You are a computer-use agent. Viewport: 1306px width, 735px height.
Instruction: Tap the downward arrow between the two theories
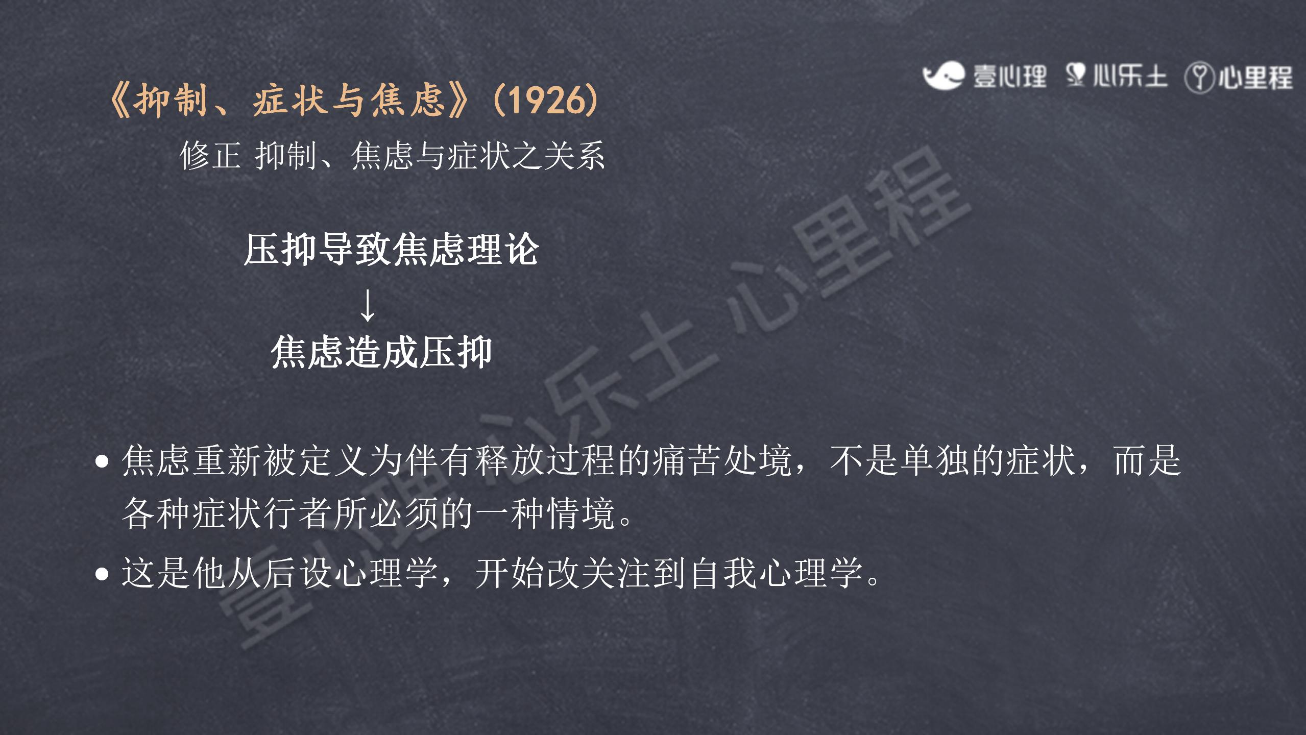[x=368, y=305]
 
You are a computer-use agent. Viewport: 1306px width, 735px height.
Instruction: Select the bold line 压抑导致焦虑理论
[x=392, y=250]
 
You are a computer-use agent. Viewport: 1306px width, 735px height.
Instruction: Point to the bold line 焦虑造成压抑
[x=381, y=352]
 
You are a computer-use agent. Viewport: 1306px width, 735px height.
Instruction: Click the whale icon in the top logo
[x=944, y=76]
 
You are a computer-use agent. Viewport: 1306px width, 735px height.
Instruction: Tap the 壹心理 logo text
[x=1009, y=77]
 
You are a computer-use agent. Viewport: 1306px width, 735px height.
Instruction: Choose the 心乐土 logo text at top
[x=1130, y=77]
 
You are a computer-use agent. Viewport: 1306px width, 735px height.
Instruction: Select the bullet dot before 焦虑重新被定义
[x=102, y=461]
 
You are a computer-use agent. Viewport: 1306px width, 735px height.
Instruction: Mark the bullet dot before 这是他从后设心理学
[x=102, y=574]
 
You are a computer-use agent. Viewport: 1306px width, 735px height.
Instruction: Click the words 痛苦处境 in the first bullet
[x=722, y=460]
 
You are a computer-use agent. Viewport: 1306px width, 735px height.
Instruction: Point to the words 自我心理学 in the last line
[x=776, y=573]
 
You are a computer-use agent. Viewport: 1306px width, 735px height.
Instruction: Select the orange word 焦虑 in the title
[x=407, y=100]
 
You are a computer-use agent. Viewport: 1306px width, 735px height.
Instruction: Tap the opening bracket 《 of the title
[x=120, y=100]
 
